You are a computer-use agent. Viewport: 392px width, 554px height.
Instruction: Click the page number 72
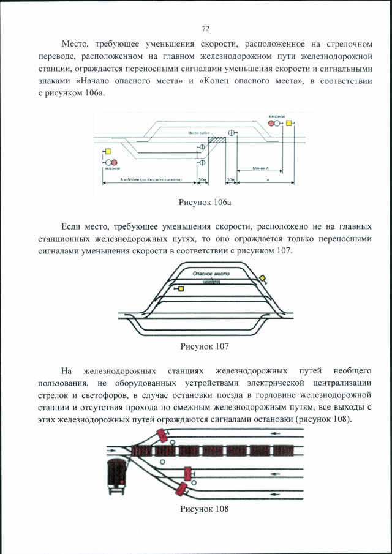click(206, 28)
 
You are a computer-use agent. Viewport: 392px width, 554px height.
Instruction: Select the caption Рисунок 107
click(205, 346)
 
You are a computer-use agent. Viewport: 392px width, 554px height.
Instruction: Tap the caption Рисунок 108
click(205, 509)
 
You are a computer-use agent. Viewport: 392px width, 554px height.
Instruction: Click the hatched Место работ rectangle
click(217, 140)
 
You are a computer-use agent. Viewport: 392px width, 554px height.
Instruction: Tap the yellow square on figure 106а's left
click(108, 152)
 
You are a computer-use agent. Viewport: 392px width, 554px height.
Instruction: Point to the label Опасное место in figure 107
click(211, 275)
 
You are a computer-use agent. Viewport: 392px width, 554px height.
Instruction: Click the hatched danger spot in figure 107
click(211, 282)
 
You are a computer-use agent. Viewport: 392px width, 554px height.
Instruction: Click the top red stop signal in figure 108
click(162, 435)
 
